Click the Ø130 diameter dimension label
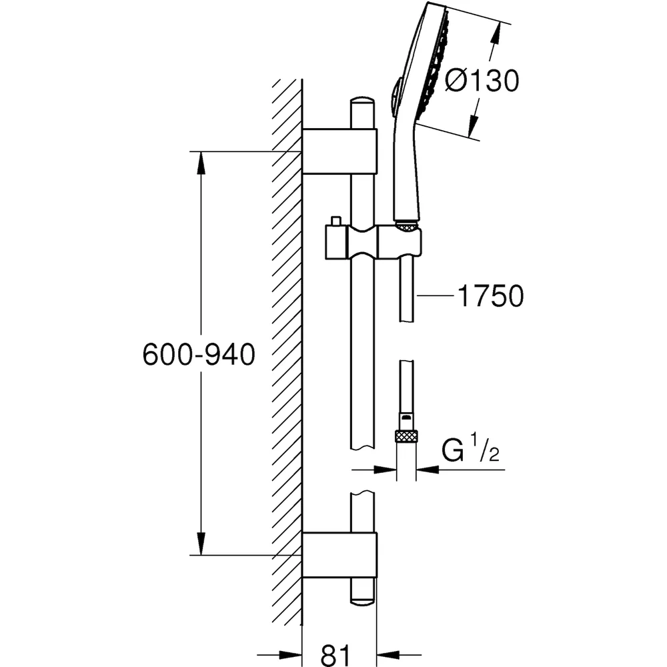[482, 81]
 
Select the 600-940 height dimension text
[199, 355]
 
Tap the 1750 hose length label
[490, 296]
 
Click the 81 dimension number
[336, 654]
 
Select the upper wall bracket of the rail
[340, 151]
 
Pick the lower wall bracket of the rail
[340, 555]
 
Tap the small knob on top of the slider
[336, 221]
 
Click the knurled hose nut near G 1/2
[406, 436]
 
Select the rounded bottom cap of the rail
[362, 596]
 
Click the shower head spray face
[435, 64]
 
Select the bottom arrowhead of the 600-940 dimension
[201, 544]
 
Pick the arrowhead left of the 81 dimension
[291, 656]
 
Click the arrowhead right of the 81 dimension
[388, 656]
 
